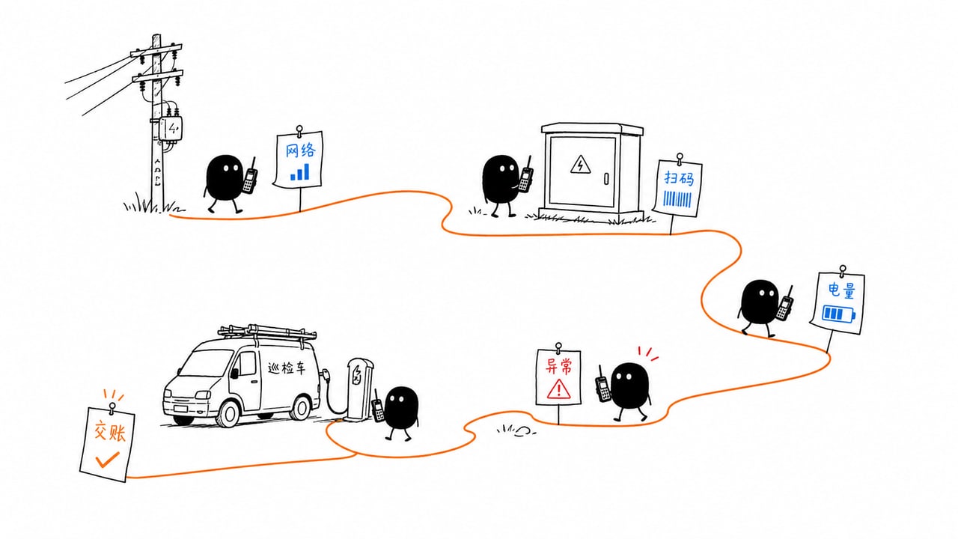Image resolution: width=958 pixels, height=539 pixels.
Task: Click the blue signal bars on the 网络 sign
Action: pyautogui.click(x=300, y=171)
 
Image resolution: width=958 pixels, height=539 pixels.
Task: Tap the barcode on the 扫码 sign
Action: pyautogui.click(x=677, y=199)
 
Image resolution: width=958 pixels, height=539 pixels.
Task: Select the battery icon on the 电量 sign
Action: pyautogui.click(x=839, y=314)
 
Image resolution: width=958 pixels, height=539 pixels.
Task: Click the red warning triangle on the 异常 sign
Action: pyautogui.click(x=558, y=389)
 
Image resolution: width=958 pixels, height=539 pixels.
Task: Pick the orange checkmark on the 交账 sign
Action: pyautogui.click(x=107, y=460)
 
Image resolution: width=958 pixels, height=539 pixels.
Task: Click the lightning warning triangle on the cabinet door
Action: pyautogui.click(x=580, y=165)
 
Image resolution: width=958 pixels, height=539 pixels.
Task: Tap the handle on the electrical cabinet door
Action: pyautogui.click(x=606, y=178)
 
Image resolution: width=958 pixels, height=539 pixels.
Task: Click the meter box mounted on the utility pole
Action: pyautogui.click(x=171, y=128)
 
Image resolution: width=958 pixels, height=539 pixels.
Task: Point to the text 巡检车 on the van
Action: pyautogui.click(x=287, y=368)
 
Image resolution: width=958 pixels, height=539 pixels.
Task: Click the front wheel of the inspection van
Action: pyautogui.click(x=228, y=414)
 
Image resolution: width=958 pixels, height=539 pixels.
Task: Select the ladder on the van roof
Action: pyautogui.click(x=267, y=332)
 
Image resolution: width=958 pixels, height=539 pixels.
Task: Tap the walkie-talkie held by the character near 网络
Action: pyautogui.click(x=250, y=176)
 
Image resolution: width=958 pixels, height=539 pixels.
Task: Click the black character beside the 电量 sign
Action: pyautogui.click(x=760, y=307)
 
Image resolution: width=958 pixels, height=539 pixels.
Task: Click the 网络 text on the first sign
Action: pyautogui.click(x=300, y=150)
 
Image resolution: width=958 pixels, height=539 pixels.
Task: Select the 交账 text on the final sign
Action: pyautogui.click(x=109, y=431)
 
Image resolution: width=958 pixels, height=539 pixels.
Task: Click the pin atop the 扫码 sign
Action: pyautogui.click(x=680, y=157)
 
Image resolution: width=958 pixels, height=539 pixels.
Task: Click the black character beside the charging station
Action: pyautogui.click(x=400, y=412)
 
